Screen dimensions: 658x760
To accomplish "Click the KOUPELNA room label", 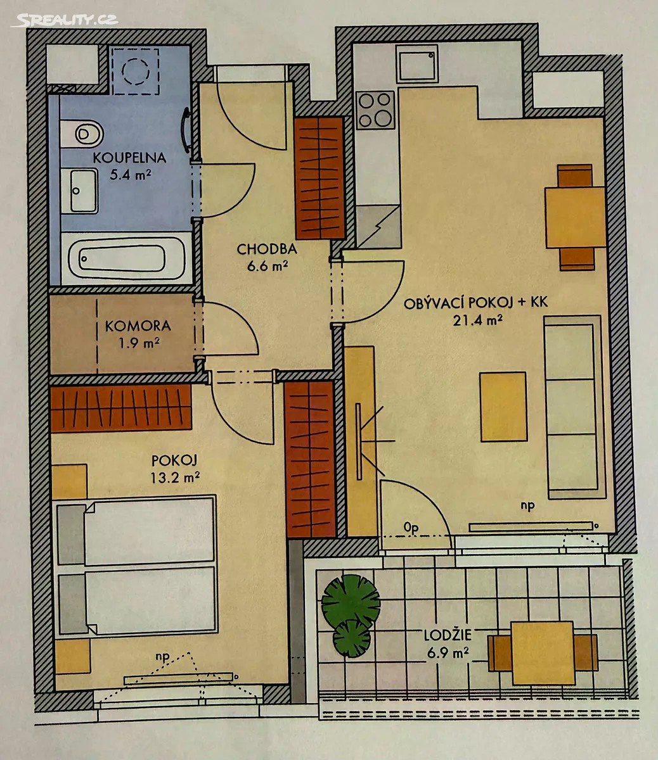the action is (129, 158).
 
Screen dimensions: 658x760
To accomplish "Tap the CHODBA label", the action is (266, 250).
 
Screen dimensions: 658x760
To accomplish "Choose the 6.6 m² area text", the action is (268, 266).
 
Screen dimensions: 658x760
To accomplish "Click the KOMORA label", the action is (138, 326).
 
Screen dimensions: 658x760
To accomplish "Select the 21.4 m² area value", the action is (478, 320).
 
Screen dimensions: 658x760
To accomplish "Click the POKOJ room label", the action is (175, 460).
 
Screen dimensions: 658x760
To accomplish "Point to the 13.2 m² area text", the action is (175, 478).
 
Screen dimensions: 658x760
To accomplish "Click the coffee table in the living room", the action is (503, 407).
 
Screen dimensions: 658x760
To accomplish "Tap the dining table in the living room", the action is (576, 217).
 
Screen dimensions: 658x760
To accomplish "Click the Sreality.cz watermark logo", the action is (65, 20).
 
